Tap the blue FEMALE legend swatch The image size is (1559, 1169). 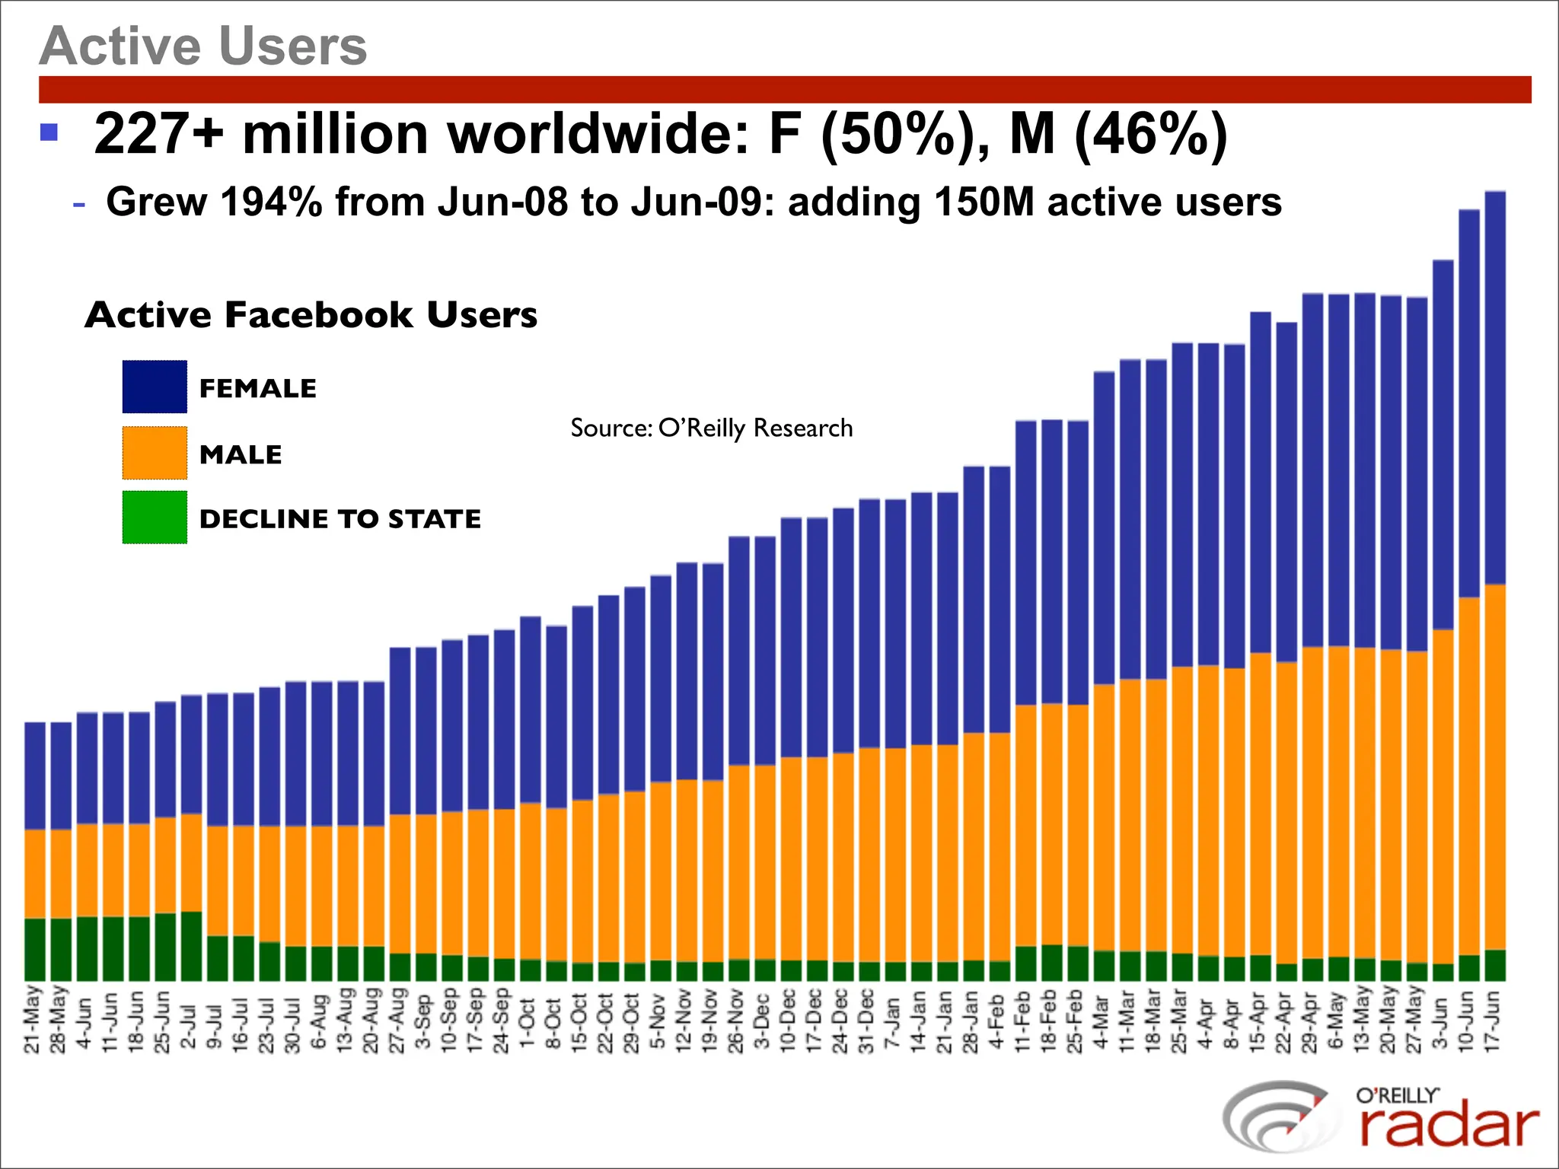click(155, 387)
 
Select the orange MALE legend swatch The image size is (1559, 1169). click(155, 454)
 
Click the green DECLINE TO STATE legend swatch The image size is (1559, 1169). click(155, 518)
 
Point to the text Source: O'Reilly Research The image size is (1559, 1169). click(711, 428)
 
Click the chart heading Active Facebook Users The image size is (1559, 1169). click(311, 315)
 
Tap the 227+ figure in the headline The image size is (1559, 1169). click(158, 134)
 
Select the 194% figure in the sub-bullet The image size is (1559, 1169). click(271, 202)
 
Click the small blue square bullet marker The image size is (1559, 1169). click(49, 132)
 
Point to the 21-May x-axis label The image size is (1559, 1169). click(32, 1020)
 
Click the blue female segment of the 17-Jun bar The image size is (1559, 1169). click(1495, 388)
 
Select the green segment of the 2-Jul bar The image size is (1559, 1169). click(191, 946)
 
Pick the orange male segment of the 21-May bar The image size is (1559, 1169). click(35, 874)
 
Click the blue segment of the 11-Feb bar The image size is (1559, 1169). click(1025, 563)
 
